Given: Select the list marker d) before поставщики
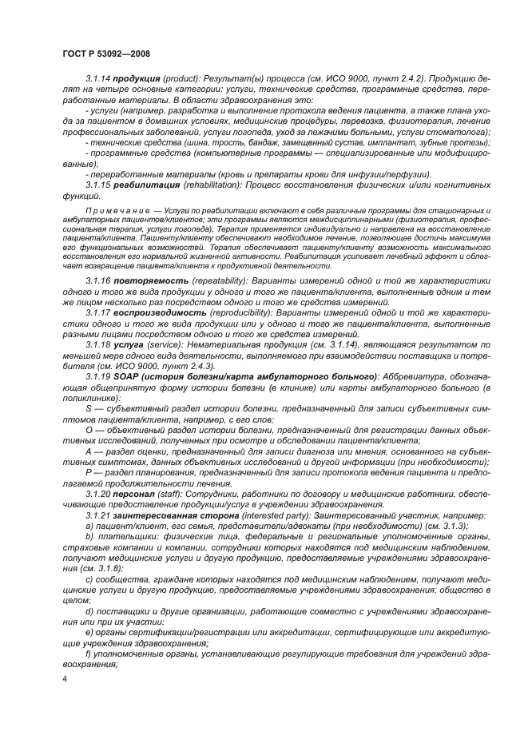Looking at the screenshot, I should [x=89, y=613].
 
